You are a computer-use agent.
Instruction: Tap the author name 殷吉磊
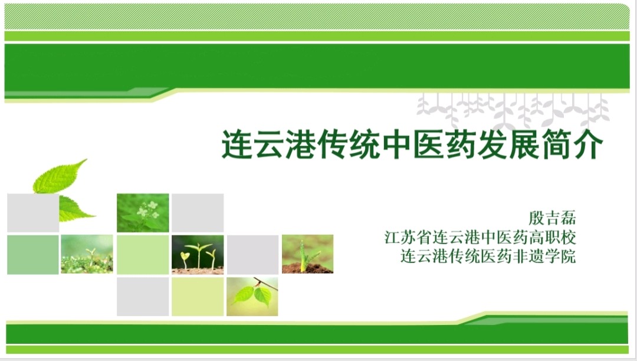551,218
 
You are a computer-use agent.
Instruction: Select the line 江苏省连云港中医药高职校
480,237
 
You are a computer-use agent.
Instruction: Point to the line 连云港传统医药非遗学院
488,256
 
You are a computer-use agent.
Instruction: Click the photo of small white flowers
143,213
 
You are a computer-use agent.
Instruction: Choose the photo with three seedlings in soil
198,255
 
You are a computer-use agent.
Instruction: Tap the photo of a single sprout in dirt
307,254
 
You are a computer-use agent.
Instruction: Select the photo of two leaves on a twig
252,297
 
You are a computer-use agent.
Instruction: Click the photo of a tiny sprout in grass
87,254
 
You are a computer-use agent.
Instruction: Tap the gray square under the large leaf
33,213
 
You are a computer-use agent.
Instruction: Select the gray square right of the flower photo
198,213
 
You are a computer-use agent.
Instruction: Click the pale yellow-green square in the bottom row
198,297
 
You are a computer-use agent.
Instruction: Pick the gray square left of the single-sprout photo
252,255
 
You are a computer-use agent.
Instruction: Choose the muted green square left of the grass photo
33,255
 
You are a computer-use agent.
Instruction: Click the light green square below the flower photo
143,255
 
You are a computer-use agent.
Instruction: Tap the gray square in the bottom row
143,297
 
